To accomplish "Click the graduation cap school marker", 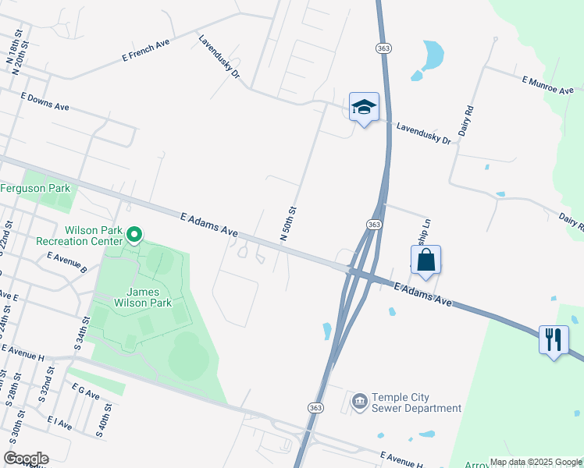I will pos(364,107).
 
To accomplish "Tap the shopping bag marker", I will pos(426,261).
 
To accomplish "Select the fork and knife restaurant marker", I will pos(554,339).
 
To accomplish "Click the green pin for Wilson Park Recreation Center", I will pos(134,234).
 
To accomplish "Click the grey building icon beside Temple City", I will pos(358,402).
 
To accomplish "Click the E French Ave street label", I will pos(145,51).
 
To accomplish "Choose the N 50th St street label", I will pos(288,223).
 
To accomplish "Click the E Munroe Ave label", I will pos(548,85).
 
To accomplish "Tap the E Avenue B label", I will pos(66,261).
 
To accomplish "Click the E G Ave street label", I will pos(85,392).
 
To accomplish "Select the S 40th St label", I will pos(103,422).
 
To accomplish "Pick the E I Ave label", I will pos(59,424).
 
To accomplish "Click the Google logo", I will pos(26,459).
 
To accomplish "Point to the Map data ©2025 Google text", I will pos(536,462).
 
